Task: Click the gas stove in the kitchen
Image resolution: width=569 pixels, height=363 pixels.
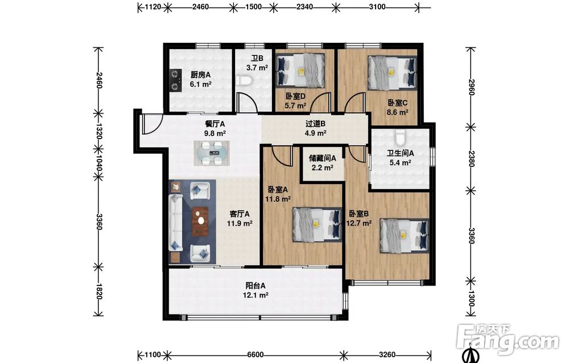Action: coord(176,80)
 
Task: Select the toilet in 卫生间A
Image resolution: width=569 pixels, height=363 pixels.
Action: coord(400,137)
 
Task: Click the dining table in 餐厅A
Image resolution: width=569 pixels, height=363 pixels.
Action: coord(212,153)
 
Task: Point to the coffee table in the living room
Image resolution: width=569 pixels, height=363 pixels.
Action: coord(200,221)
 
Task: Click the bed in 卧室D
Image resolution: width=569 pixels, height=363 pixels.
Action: coord(300,70)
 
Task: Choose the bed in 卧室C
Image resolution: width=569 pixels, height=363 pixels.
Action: coord(392,72)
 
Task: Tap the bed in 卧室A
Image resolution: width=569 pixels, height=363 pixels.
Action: coord(318,224)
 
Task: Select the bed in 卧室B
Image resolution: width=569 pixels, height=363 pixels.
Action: coord(404,235)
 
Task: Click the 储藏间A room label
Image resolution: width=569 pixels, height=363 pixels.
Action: coord(322,158)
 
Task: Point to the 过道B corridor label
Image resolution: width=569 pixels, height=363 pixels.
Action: coord(315,124)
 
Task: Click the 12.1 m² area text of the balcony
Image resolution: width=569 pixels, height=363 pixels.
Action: coord(255,295)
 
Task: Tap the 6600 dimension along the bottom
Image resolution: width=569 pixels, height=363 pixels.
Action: coord(255,354)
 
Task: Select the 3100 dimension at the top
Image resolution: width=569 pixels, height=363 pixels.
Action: coord(377,6)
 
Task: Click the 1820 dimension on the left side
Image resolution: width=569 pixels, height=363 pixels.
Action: coord(99,291)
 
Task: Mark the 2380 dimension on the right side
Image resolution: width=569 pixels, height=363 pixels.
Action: coord(471,159)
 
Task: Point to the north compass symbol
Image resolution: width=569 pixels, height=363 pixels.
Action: coord(471,356)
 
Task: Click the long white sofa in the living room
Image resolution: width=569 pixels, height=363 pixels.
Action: coord(176,222)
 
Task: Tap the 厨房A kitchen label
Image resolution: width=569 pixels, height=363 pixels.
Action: coord(201,75)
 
